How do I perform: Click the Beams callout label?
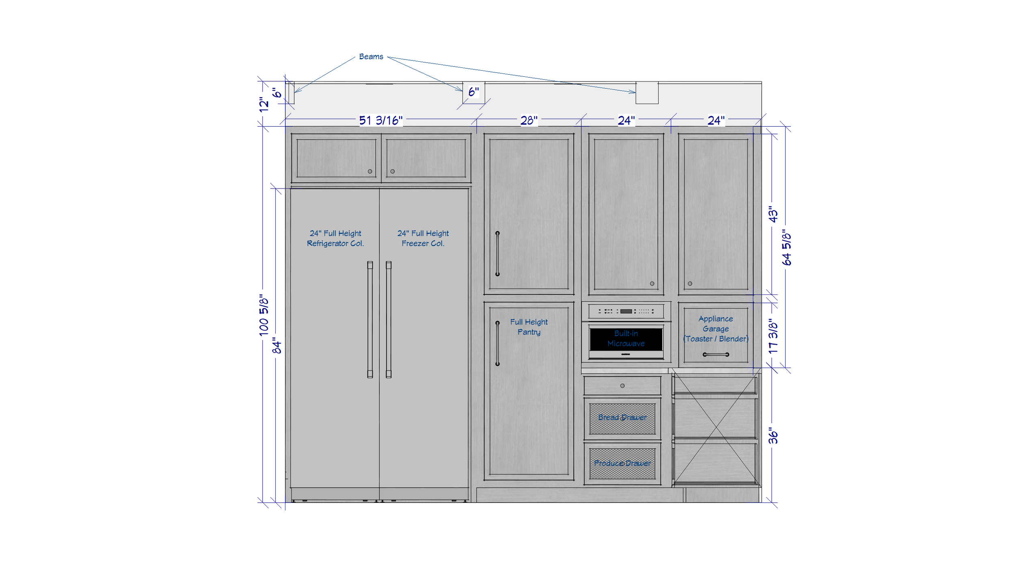click(x=371, y=57)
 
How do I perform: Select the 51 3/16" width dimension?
click(x=380, y=121)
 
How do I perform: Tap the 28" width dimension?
click(x=529, y=121)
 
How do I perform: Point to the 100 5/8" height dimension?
click(x=264, y=316)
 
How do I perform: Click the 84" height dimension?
click(x=276, y=346)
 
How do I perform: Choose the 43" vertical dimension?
click(x=773, y=214)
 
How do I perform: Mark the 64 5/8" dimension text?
click(x=786, y=247)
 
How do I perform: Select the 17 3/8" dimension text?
click(x=773, y=336)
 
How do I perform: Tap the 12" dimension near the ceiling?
click(x=264, y=104)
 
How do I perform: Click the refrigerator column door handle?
click(x=370, y=320)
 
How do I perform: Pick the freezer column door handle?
click(x=389, y=320)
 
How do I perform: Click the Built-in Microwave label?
click(x=626, y=338)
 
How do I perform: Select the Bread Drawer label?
click(x=622, y=417)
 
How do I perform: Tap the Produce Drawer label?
click(x=622, y=463)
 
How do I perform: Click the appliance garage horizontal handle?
click(x=716, y=355)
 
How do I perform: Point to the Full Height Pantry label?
click(x=529, y=327)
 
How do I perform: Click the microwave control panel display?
click(x=626, y=311)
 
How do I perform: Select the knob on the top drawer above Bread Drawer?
click(x=622, y=386)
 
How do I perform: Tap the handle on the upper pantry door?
click(x=497, y=253)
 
